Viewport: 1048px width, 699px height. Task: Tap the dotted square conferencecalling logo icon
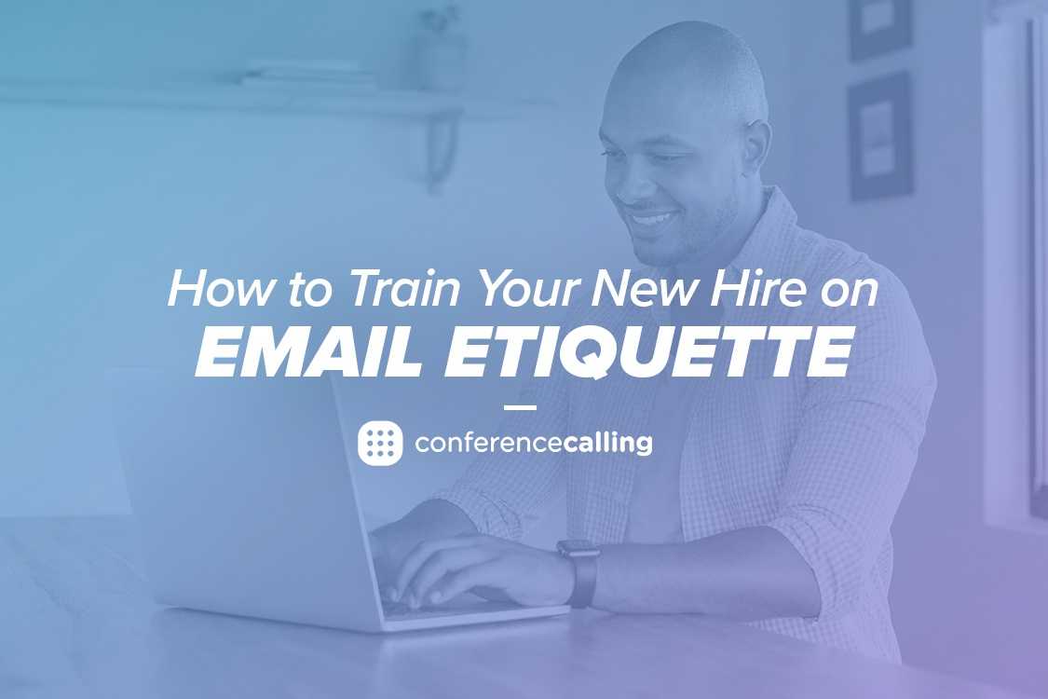(380, 443)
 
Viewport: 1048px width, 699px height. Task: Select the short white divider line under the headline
(520, 407)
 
